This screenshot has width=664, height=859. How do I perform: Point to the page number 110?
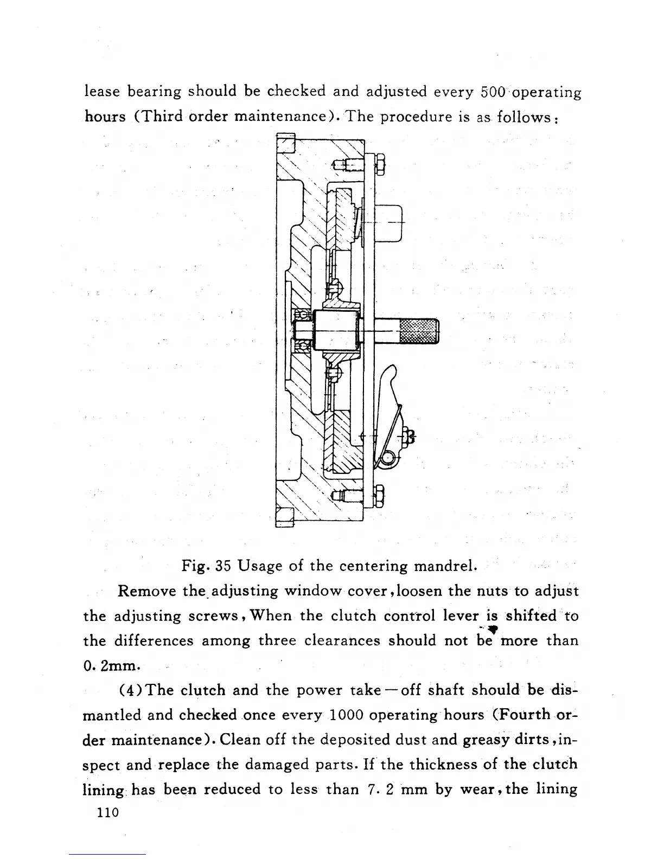pyautogui.click(x=106, y=813)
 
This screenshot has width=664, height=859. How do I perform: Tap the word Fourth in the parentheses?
pyautogui.click(x=528, y=715)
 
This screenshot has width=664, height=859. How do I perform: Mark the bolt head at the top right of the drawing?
pyautogui.click(x=380, y=164)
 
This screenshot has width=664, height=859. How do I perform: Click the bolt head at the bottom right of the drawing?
pyautogui.click(x=380, y=495)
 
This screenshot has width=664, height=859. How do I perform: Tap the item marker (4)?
pyautogui.click(x=131, y=690)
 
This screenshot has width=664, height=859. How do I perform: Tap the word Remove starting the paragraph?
pyautogui.click(x=146, y=591)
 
